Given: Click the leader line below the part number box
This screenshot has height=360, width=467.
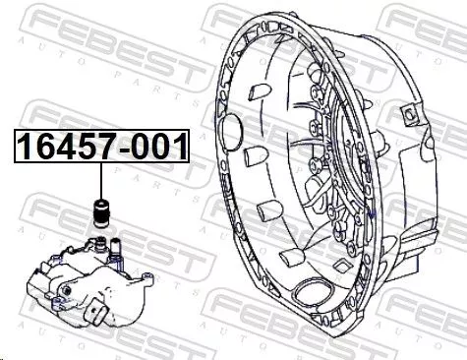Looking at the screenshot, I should (98, 183).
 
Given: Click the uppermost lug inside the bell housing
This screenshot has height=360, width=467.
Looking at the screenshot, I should (253, 92).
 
